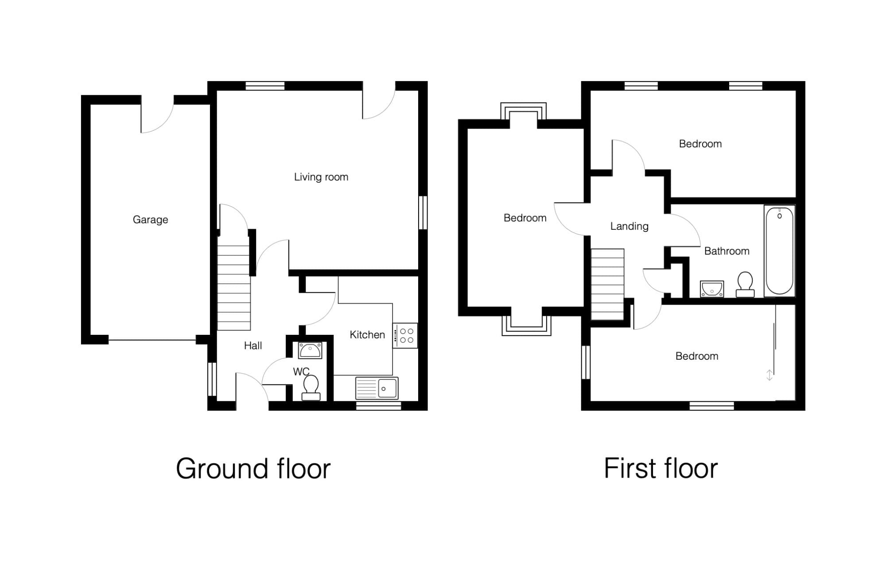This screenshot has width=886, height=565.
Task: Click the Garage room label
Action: (150, 220)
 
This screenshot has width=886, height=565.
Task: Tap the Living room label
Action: (321, 177)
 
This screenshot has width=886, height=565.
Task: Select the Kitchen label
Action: (367, 335)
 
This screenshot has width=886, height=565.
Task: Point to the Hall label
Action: (253, 345)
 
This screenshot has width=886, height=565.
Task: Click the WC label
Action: (301, 372)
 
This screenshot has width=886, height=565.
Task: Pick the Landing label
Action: (630, 226)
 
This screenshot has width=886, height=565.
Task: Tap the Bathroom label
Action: (727, 251)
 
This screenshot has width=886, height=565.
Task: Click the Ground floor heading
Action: (253, 469)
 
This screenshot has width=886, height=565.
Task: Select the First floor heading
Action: (661, 468)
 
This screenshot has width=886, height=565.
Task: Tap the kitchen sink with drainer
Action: (377, 388)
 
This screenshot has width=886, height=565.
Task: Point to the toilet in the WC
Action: (311, 388)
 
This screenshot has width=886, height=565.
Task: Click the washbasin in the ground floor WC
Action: (310, 350)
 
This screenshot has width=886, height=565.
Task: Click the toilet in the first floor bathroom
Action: (745, 284)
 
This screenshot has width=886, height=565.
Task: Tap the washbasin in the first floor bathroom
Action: (712, 289)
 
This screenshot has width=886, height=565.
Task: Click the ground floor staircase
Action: (234, 284)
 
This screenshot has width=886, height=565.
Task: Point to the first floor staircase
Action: (608, 284)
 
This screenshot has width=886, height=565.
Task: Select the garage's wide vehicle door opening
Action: (152, 340)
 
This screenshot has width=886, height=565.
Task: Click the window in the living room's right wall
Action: (423, 213)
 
